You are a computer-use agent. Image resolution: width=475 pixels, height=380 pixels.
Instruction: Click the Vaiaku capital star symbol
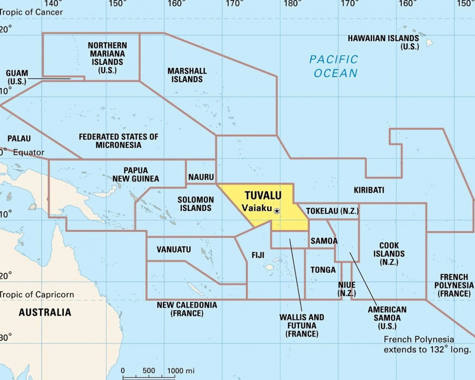(x=277, y=211)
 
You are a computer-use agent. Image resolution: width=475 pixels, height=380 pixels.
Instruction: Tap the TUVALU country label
(x=263, y=196)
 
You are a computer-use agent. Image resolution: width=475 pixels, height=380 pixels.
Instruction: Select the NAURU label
(x=201, y=177)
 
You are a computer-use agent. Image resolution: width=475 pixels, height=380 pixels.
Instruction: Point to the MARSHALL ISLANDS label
(x=187, y=75)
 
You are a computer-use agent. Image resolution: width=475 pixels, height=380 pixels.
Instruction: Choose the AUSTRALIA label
(x=45, y=312)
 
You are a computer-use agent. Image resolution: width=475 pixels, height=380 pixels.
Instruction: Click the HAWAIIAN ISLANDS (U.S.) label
(x=383, y=42)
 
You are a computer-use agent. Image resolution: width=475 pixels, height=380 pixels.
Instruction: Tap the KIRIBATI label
(x=369, y=190)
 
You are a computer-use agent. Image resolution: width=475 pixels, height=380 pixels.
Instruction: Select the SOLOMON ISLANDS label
(x=196, y=204)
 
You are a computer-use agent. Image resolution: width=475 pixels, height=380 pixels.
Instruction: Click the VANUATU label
(x=173, y=250)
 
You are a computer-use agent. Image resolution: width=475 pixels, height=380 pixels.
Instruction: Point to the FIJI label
(x=258, y=255)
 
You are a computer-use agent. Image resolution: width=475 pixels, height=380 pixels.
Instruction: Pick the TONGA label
(x=323, y=270)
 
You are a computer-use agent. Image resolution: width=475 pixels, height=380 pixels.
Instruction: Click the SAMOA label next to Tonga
(x=324, y=241)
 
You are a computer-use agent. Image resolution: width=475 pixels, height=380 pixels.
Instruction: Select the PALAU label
(x=19, y=139)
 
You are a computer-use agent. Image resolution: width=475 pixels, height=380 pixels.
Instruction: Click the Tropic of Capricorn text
(x=37, y=295)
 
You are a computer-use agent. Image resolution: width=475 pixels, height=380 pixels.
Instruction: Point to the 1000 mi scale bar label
(x=180, y=371)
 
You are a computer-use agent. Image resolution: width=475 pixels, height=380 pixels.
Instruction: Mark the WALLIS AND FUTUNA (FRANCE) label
(x=302, y=325)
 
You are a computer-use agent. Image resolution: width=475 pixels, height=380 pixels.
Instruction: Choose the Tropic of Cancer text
(x=32, y=12)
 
